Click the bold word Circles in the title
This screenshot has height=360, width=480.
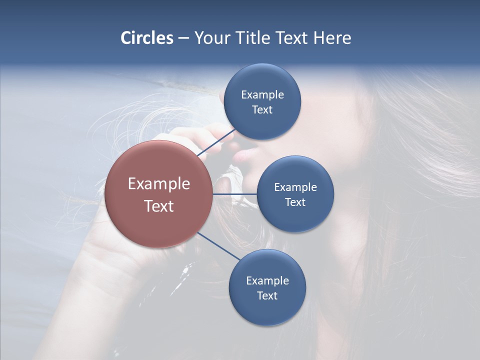(x=147, y=38)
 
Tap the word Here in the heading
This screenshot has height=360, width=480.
(x=332, y=38)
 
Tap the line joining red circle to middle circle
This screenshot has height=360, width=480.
(x=234, y=193)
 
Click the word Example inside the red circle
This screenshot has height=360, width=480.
(x=158, y=184)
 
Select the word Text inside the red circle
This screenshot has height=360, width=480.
(x=158, y=206)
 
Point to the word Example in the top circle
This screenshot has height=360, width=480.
(x=262, y=94)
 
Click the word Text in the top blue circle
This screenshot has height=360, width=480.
(x=262, y=109)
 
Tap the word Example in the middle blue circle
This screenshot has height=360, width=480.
(x=295, y=187)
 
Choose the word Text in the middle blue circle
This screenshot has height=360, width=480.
(x=295, y=202)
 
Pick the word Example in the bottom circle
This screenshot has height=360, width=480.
(x=267, y=280)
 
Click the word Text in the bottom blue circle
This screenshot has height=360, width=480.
(x=267, y=295)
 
